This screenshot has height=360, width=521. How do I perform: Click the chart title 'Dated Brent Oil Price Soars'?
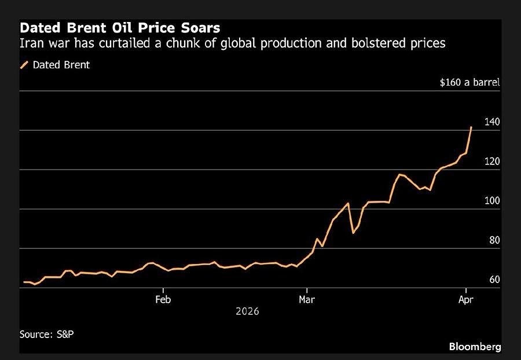[x=120, y=28]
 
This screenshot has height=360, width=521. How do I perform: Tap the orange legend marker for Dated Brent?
[x=24, y=65]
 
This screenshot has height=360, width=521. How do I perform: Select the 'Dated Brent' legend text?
[x=61, y=65]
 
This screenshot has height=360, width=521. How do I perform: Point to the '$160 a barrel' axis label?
[x=469, y=82]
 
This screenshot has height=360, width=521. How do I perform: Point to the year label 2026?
[x=247, y=311]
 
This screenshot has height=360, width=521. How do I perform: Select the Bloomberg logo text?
[x=475, y=347]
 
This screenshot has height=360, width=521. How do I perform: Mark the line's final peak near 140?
[x=471, y=127]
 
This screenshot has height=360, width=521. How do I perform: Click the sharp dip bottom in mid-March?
[x=353, y=233]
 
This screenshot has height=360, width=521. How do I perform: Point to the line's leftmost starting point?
[x=24, y=282]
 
